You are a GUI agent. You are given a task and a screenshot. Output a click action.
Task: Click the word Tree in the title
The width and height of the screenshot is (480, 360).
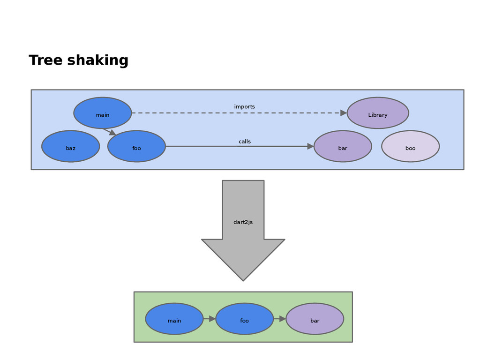coord(45,60)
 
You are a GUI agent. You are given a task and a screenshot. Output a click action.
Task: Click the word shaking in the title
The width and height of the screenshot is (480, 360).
coord(97,61)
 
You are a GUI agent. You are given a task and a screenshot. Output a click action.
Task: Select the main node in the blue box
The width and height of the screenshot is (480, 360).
coord(102,113)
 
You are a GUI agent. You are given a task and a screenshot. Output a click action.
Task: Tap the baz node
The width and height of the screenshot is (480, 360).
coord(70,146)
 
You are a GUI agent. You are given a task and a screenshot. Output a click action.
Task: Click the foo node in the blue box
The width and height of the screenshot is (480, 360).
coord(136,146)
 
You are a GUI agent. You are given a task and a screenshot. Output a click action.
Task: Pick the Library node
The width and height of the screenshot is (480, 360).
coord(377,113)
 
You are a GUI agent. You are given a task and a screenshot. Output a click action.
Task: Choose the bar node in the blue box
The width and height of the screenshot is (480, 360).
coord(343,146)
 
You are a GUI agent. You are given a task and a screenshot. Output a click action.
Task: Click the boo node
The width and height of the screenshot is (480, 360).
coord(410,146)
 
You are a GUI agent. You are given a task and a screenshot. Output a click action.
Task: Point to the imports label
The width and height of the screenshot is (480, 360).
coord(244,107)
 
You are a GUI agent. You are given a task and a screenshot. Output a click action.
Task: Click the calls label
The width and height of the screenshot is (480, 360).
coord(244,142)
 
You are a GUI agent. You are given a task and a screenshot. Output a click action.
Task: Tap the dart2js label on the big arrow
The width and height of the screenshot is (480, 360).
coord(243,222)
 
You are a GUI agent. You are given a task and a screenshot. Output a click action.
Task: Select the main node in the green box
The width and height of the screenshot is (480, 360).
coord(174,319)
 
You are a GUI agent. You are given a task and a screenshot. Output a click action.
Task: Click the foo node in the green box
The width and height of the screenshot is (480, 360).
coord(244,319)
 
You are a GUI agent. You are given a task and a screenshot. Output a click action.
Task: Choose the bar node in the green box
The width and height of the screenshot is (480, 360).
coord(315,319)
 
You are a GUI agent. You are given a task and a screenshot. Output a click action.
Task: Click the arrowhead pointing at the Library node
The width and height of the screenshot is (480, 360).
coord(344,113)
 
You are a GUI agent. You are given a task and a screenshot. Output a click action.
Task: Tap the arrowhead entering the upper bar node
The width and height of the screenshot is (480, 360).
coord(310,146)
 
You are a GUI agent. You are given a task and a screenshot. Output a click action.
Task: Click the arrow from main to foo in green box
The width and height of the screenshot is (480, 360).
coord(209,319)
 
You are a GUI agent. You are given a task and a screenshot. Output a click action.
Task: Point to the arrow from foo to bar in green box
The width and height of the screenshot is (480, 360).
coord(279,319)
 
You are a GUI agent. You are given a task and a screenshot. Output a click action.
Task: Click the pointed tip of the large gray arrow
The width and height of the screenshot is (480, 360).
coord(243,279)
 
